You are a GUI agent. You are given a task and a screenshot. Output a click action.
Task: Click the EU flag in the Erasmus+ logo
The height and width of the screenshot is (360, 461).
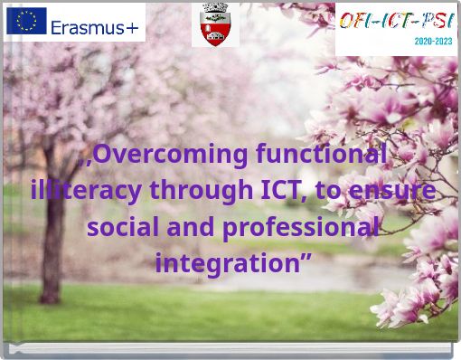(x=26, y=20)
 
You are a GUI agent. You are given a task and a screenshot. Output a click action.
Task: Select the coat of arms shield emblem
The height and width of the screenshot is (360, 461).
(x=214, y=24)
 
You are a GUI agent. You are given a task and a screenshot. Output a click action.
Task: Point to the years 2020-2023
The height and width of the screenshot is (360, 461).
(x=434, y=42)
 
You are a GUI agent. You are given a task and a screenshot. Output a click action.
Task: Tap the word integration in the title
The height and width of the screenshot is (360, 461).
(x=226, y=264)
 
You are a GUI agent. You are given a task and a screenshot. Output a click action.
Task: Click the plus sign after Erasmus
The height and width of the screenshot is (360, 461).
(x=133, y=27)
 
